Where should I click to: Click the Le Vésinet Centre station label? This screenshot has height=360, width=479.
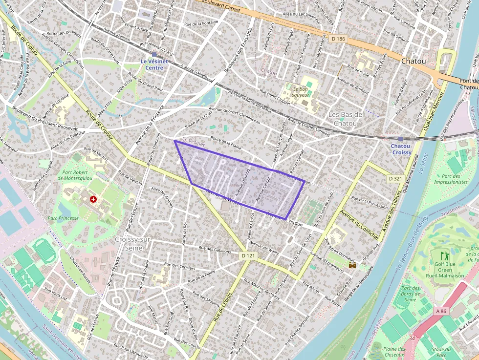point(154,64)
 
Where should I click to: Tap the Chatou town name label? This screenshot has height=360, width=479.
point(413,62)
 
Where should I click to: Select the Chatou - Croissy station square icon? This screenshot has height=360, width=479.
point(400,139)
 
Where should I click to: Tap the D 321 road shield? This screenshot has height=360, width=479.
point(395,179)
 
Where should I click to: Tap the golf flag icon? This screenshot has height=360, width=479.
point(444,255)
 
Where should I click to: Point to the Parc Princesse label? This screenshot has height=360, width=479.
point(63,218)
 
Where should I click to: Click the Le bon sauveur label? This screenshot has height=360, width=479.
point(301,91)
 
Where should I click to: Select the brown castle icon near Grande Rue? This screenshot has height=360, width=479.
point(352,264)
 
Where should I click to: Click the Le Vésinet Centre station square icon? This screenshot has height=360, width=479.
point(154,55)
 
